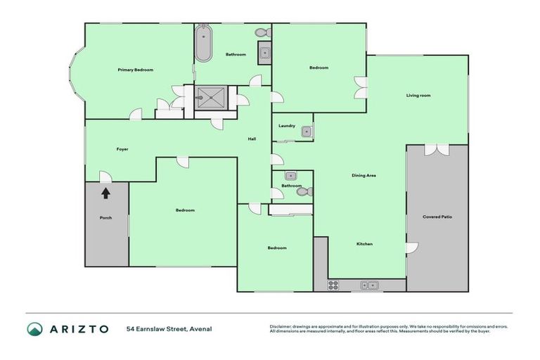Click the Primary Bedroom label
point(135,70)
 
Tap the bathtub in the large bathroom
point(203,44)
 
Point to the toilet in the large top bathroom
point(262,32)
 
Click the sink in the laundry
point(307,131)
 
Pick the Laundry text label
point(286,126)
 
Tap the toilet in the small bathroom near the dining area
point(303,191)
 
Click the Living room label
point(418,95)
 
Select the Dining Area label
point(364,174)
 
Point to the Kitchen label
point(364,244)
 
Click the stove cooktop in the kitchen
point(333,285)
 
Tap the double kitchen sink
point(369,285)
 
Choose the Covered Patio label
point(437,217)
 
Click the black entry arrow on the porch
point(105,191)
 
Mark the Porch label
point(105,217)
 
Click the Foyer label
point(122,149)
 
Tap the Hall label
point(251,139)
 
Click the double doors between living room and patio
point(437,148)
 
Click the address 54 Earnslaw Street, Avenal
point(169,328)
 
